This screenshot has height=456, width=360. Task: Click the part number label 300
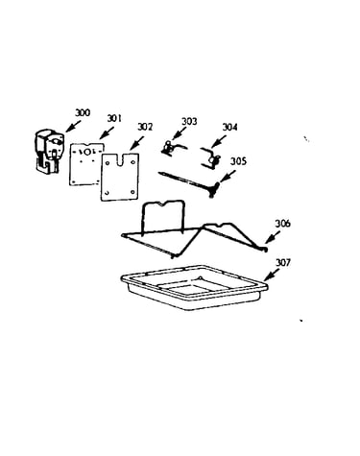(x=83, y=112)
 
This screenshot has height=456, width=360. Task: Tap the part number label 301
(x=114, y=118)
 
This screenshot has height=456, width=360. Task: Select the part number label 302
(x=145, y=127)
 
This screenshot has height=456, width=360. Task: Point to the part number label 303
(x=189, y=121)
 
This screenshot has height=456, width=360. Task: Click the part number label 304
(x=229, y=127)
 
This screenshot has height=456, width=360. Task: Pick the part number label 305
(x=238, y=161)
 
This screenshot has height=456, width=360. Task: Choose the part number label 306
(x=283, y=224)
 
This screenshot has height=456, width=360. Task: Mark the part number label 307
(x=283, y=262)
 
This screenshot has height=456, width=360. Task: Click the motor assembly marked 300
(x=48, y=152)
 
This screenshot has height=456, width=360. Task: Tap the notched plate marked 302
(x=120, y=177)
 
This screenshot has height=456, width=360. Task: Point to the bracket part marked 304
(x=211, y=157)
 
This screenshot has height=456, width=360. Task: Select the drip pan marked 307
(x=194, y=287)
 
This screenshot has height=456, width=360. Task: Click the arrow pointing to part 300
(x=73, y=126)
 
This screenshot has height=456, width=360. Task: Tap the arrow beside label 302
(x=136, y=142)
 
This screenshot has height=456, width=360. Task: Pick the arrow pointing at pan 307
(x=273, y=274)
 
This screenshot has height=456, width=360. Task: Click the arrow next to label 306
(x=272, y=239)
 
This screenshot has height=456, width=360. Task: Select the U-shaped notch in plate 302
(x=121, y=160)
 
